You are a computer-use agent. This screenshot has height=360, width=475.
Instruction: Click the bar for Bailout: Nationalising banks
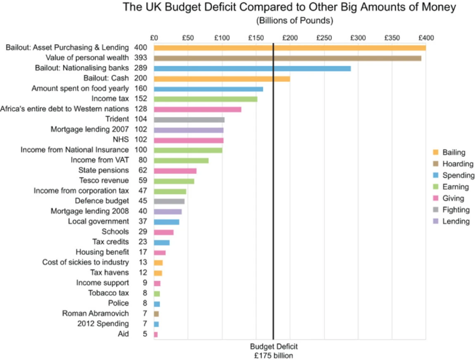coord(252,68)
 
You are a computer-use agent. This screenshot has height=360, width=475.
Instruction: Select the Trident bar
coord(189,120)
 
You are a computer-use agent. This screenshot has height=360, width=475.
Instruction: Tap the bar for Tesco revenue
coord(174,181)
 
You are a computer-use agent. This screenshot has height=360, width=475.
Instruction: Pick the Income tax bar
coord(205,99)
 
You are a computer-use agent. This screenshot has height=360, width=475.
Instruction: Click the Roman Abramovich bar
coord(156,314)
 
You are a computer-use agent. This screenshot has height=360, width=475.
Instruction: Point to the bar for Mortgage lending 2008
coord(168,212)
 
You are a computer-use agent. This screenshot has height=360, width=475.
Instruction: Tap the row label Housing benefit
coord(102,252)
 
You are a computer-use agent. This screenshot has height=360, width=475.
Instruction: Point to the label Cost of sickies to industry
coord(85,262)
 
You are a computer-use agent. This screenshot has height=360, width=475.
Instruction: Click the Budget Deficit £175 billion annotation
coord(273,351)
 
